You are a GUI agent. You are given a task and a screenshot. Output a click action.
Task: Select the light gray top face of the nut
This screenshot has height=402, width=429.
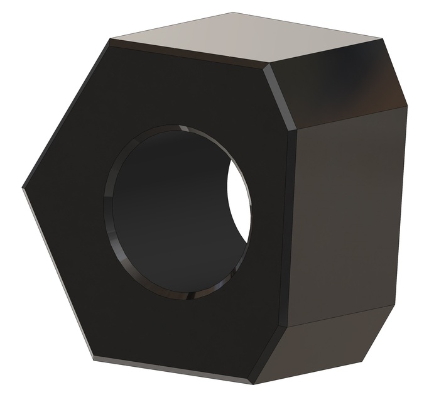click(251, 38)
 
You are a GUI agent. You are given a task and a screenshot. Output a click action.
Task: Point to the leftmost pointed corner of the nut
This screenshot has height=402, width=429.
click(23, 187)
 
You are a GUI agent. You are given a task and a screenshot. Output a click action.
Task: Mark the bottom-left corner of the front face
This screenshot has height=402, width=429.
click(94, 358)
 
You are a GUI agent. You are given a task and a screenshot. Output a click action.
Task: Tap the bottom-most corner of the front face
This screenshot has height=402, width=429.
click(251, 382)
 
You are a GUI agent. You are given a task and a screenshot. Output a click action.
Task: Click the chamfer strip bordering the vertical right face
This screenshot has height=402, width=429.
click(290, 226)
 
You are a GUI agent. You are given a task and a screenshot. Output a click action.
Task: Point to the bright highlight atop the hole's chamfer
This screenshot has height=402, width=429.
click(182, 128)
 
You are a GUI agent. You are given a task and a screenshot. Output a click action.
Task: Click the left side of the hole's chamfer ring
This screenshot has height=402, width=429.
click(108, 207)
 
